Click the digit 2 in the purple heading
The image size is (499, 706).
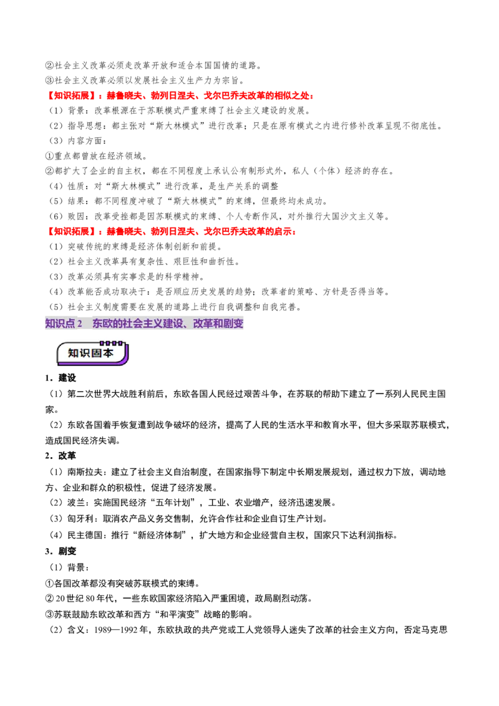[x=80, y=324]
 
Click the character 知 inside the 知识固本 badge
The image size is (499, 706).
[x=73, y=353]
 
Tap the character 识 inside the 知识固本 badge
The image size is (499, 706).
[x=85, y=353]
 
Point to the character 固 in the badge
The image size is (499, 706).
[x=97, y=353]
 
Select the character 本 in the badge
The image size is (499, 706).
[x=109, y=353]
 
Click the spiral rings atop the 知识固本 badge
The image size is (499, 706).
[x=112, y=342]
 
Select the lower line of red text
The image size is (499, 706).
[x=172, y=232]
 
